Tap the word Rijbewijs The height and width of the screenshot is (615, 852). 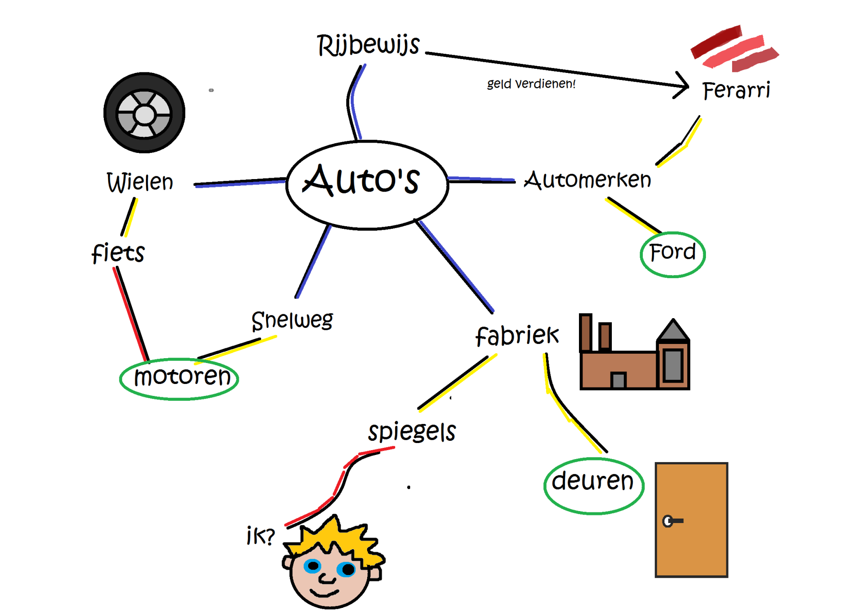[x=368, y=46]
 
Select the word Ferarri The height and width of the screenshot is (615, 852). [x=736, y=90]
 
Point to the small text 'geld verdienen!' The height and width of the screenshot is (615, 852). [x=531, y=84]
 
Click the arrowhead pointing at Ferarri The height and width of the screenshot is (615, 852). [x=684, y=85]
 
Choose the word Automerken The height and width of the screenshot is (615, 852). [x=587, y=180]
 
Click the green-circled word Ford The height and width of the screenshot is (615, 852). [x=672, y=253]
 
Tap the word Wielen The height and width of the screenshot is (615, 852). [x=140, y=182]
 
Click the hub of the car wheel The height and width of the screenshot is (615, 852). [x=144, y=115]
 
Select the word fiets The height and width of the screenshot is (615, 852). [x=118, y=253]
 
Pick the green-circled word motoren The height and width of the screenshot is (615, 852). [x=182, y=377]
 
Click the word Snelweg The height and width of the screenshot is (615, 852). [x=292, y=320]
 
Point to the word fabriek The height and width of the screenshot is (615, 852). [x=517, y=335]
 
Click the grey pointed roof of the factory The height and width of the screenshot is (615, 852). [x=673, y=331]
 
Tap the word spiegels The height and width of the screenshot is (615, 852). [x=412, y=432]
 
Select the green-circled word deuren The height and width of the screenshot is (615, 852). [x=592, y=481]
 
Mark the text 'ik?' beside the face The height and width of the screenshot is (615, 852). [x=261, y=535]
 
